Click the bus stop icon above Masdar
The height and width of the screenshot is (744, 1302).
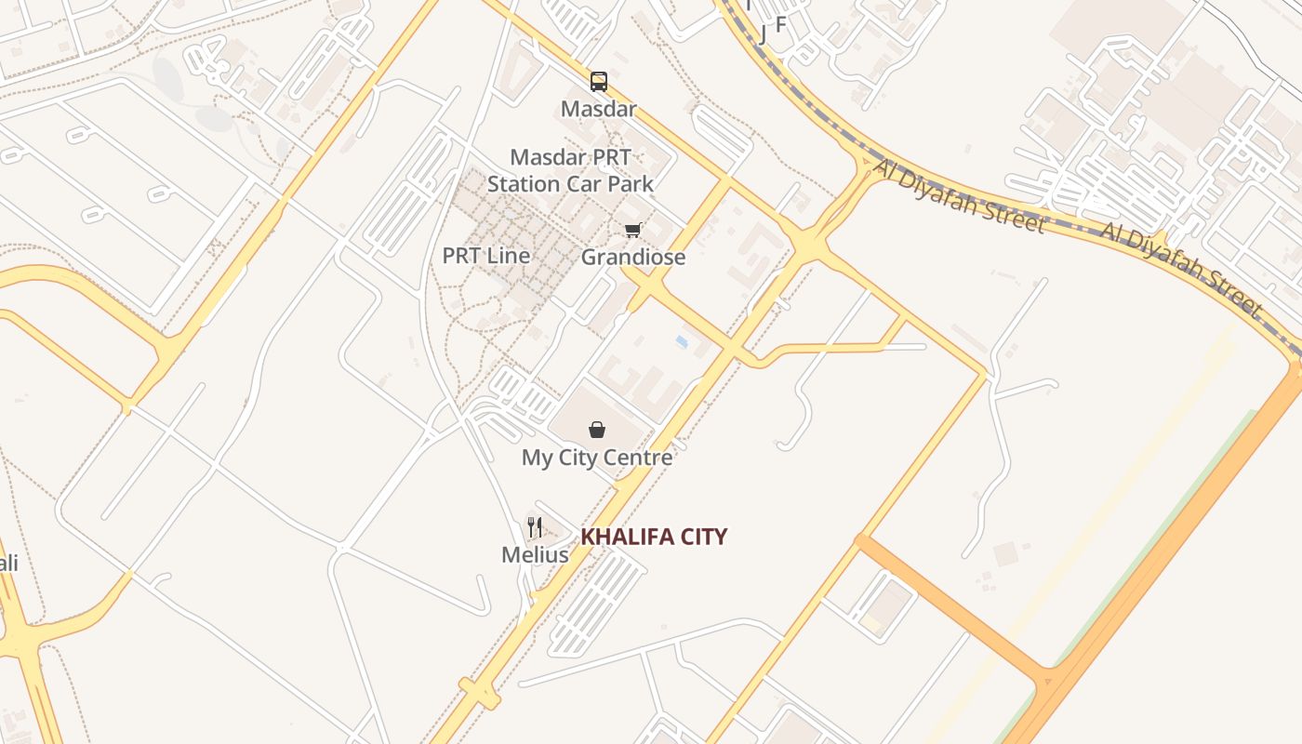click(x=599, y=82)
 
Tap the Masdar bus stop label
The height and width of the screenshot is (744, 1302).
click(x=599, y=109)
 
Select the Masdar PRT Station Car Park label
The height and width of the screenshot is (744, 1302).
click(x=570, y=170)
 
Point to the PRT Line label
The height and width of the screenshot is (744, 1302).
click(x=486, y=256)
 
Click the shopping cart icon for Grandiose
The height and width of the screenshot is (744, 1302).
click(x=633, y=230)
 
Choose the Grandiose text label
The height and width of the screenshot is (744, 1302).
click(x=633, y=257)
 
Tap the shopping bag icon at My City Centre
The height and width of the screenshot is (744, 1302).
click(x=597, y=430)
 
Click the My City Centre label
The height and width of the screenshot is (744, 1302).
click(x=597, y=458)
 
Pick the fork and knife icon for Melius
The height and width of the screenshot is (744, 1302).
click(x=535, y=527)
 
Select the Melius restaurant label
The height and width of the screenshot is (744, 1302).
click(x=535, y=555)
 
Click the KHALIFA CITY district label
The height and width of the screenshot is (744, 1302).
click(x=654, y=537)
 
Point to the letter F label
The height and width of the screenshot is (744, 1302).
click(x=781, y=24)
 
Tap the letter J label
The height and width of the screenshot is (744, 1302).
click(x=764, y=35)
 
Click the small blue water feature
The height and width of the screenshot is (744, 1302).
click(x=682, y=342)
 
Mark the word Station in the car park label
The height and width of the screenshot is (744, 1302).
click(x=525, y=184)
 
